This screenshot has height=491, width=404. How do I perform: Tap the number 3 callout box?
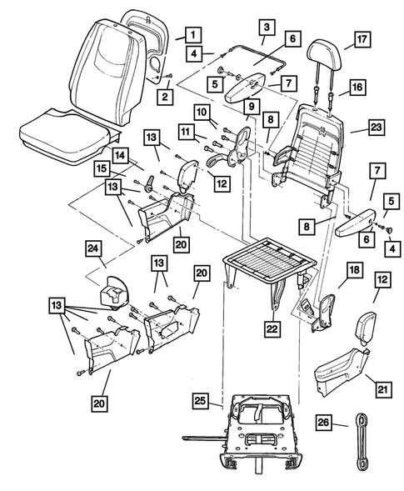pos(264,28)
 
